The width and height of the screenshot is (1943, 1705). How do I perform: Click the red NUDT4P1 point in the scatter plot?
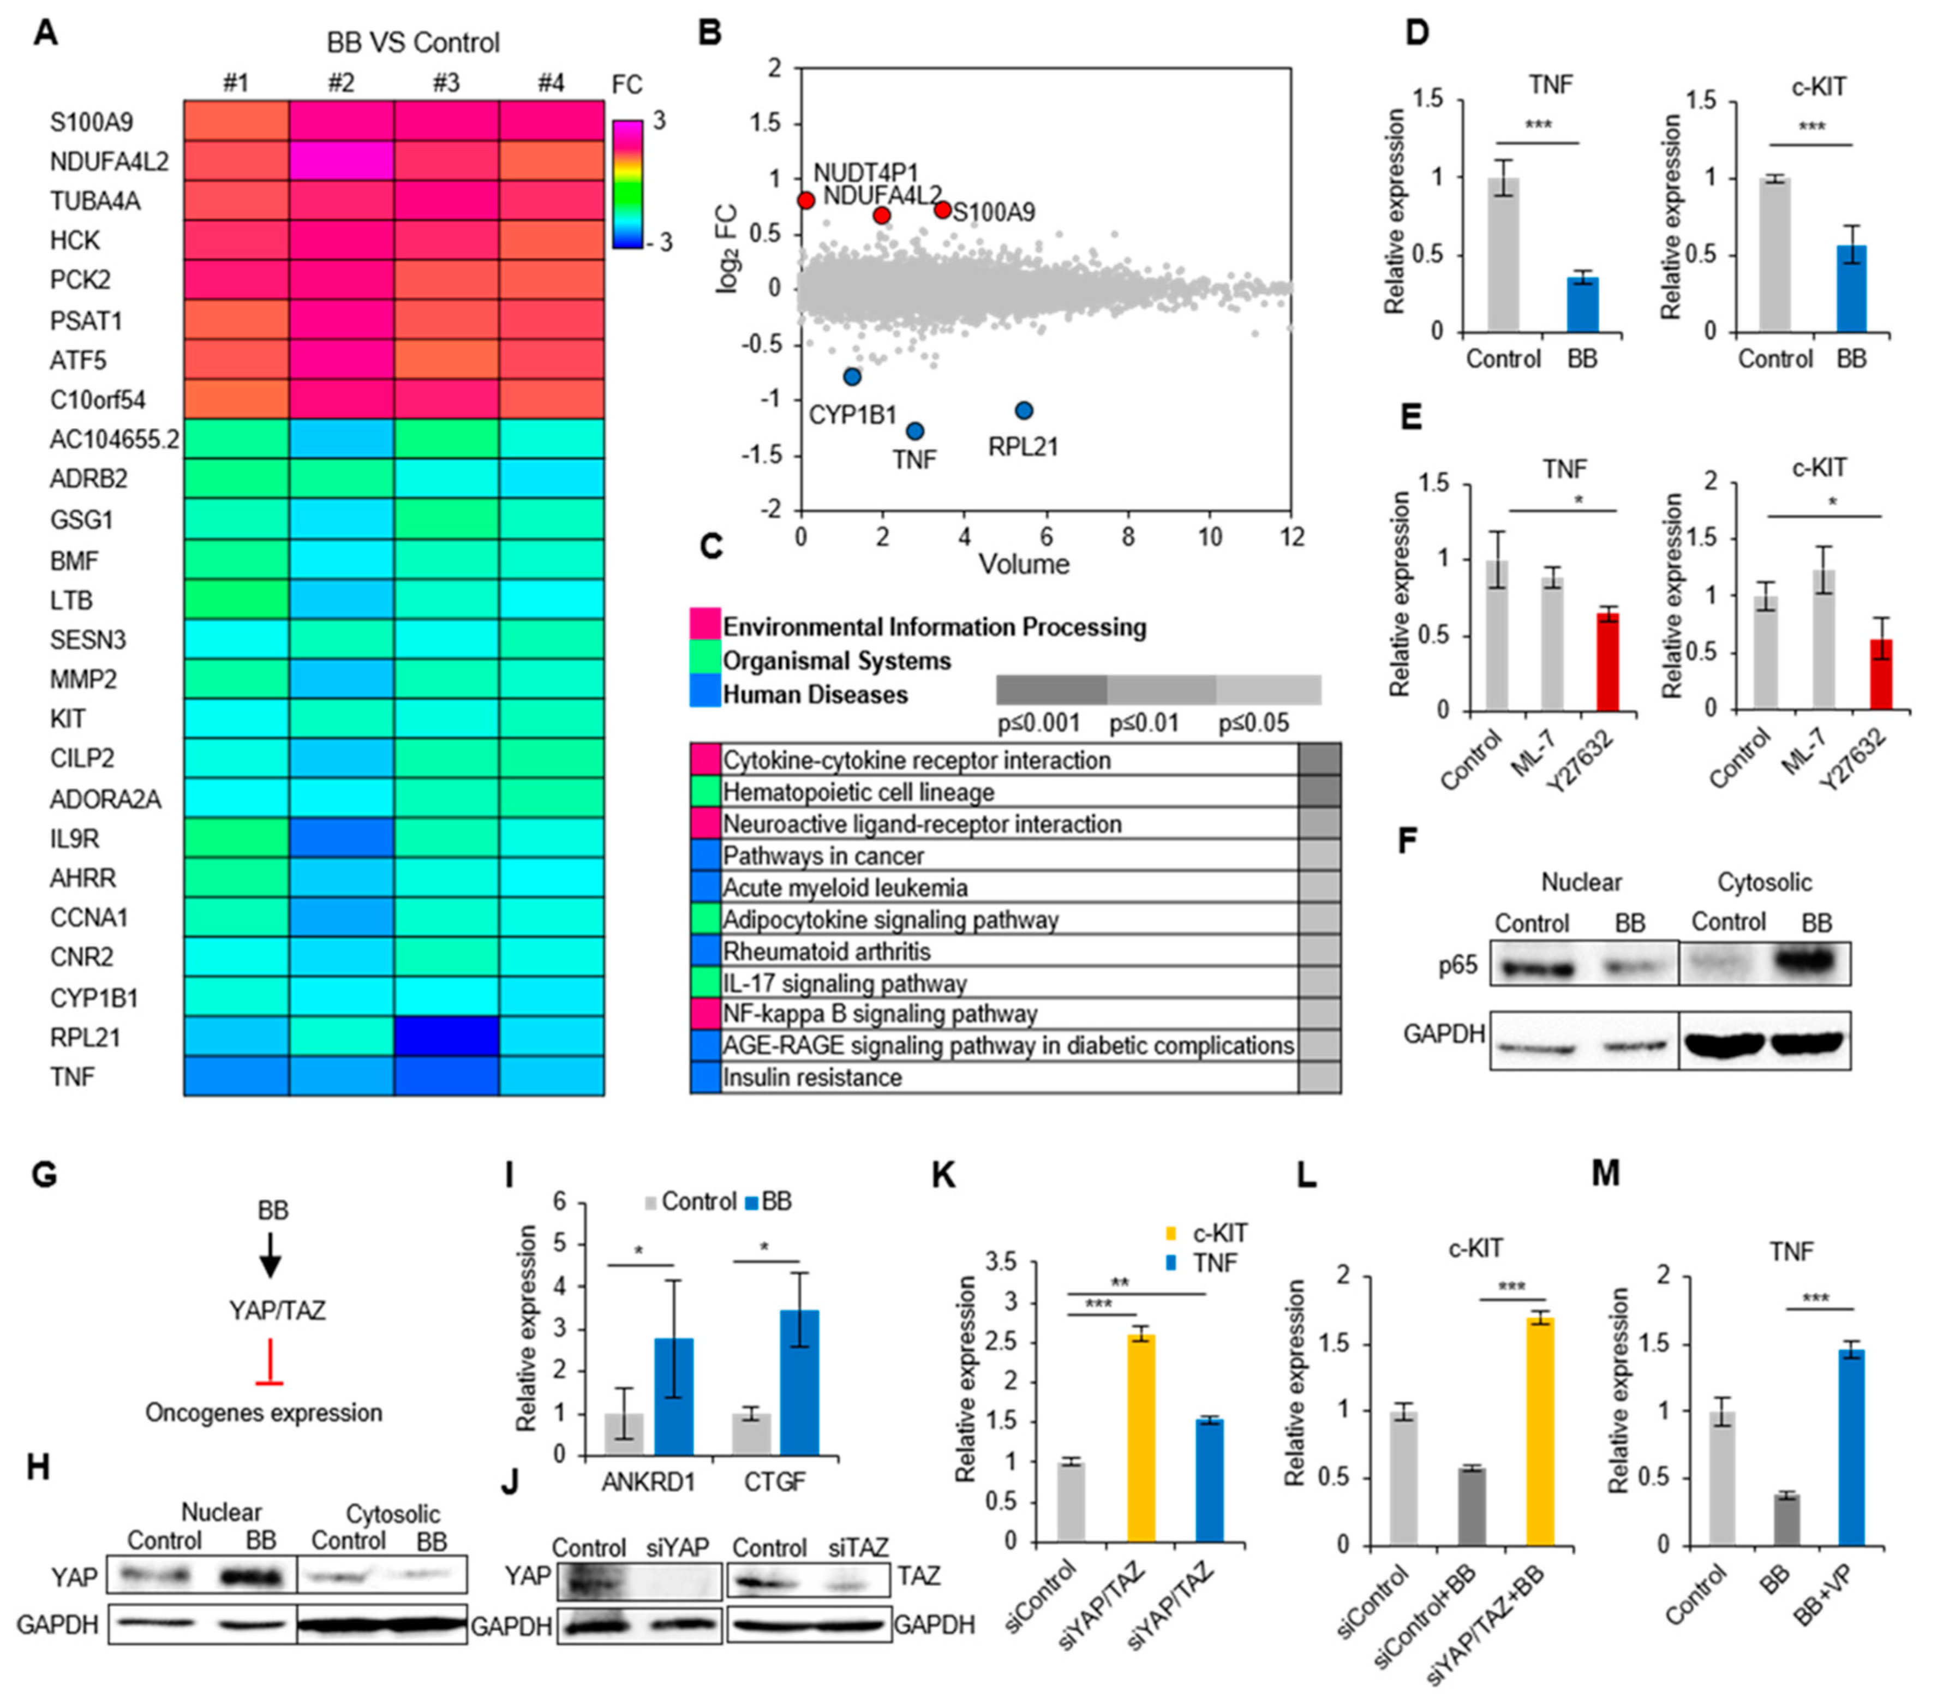tap(806, 201)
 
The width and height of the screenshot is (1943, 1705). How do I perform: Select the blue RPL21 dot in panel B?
tap(1024, 411)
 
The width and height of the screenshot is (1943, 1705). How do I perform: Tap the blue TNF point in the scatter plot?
tap(914, 432)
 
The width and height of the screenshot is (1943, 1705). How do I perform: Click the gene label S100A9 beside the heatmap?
tap(91, 123)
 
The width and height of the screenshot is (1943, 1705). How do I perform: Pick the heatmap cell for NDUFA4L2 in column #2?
tap(341, 160)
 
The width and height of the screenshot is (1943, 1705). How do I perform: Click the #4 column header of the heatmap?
tap(551, 83)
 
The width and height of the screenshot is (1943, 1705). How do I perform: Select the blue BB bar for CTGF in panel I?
tap(799, 1383)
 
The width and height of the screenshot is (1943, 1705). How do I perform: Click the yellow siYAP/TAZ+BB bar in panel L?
tap(1540, 1431)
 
